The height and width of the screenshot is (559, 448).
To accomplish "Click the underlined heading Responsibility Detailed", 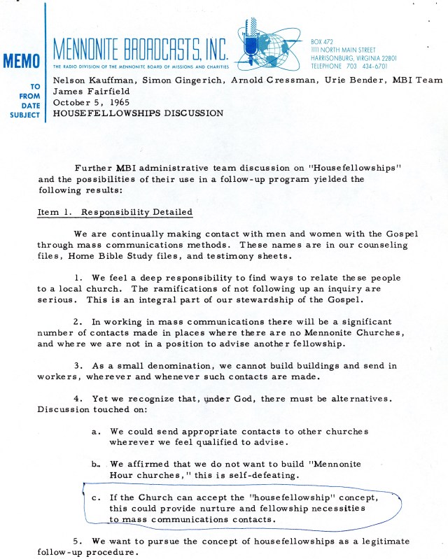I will tap(136, 212).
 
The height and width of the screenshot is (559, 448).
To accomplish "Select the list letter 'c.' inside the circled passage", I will tap(96, 497).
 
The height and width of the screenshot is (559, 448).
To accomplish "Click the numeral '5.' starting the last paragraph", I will tap(78, 541).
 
